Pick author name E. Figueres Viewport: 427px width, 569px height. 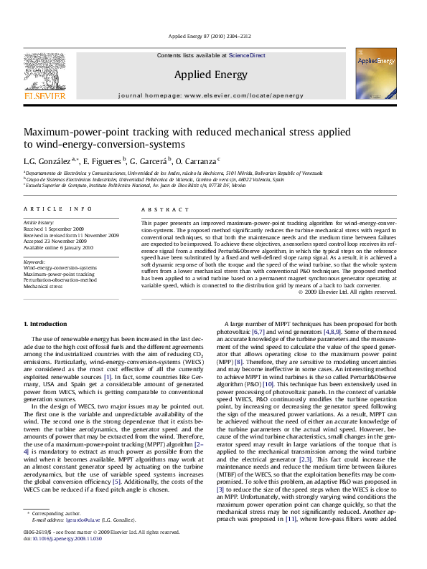tap(100, 161)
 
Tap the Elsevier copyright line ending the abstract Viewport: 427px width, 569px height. tap(356, 292)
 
